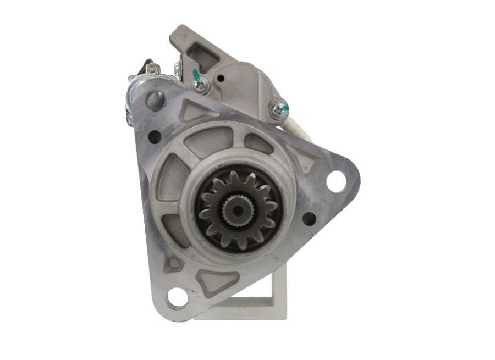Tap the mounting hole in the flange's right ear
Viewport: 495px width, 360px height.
pyautogui.click(x=336, y=181)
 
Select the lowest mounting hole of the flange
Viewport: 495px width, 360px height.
pyautogui.click(x=177, y=297)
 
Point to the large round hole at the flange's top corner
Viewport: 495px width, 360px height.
pyautogui.click(x=155, y=100)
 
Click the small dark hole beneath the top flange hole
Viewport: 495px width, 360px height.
pyautogui.click(x=155, y=136)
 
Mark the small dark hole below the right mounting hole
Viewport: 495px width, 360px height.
pyautogui.click(x=309, y=218)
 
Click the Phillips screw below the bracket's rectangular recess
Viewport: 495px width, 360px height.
pyautogui.click(x=200, y=85)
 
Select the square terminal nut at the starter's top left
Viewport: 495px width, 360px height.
pyautogui.click(x=153, y=69)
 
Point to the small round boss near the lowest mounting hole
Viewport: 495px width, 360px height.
pyautogui.click(x=174, y=263)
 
